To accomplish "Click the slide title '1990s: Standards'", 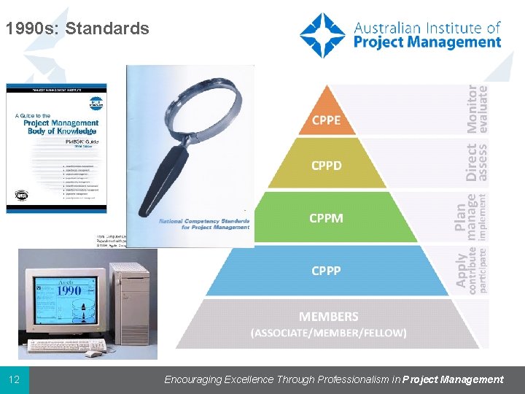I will [77, 29].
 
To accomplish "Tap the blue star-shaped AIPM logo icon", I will [322, 35].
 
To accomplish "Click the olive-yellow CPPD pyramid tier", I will [326, 166].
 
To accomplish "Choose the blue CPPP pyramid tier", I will [326, 271].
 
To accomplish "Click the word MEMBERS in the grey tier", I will [328, 317].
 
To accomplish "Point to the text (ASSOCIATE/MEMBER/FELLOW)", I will [328, 333].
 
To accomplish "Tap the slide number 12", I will [14, 379].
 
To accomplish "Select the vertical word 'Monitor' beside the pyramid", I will [472, 109].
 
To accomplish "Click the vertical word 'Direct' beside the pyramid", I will [472, 161].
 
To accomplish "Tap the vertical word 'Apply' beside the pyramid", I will [462, 269].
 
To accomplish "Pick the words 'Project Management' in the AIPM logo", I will [427, 42].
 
